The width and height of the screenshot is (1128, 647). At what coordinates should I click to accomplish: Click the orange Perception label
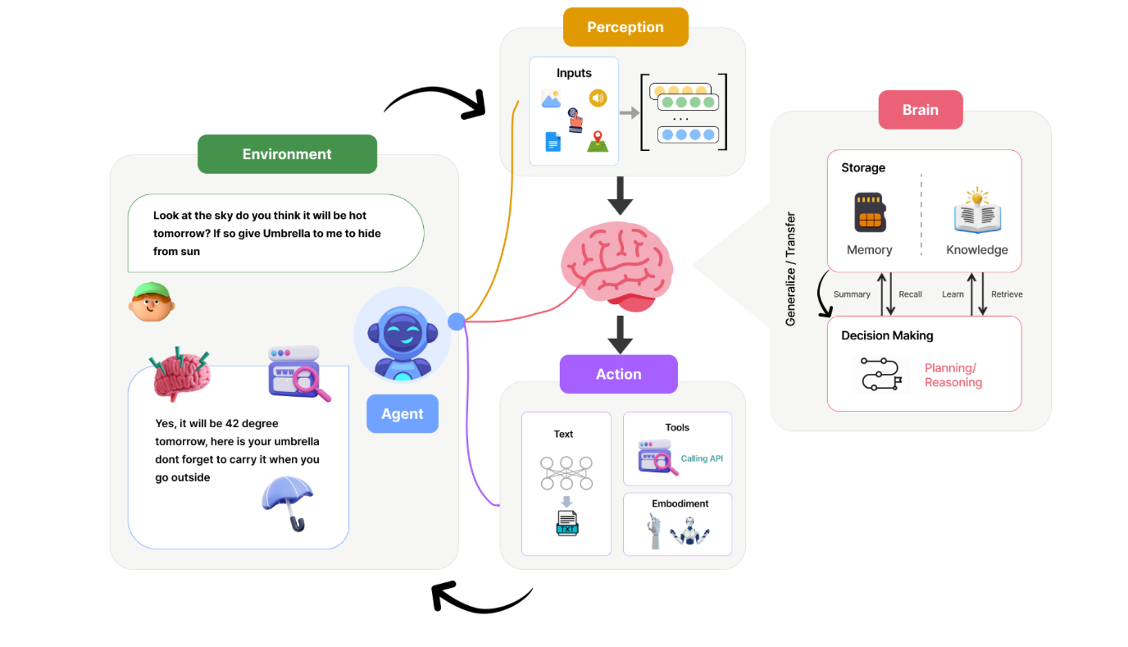coord(625,27)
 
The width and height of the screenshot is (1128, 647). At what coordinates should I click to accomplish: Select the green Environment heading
coord(287,154)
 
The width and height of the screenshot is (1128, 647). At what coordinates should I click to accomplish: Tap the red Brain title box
coord(920,110)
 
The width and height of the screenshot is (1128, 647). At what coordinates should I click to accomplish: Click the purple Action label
coord(618,374)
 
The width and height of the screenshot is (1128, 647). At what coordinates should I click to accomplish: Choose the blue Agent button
coord(402,414)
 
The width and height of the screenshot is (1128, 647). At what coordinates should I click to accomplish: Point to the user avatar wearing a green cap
coord(151,302)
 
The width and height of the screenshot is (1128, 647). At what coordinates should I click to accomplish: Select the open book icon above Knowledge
coord(977,212)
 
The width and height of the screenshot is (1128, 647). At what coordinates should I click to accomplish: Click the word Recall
coord(910,294)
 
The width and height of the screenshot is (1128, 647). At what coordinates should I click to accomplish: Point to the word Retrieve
coord(1007,294)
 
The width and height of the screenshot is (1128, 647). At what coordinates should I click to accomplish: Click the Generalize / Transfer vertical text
coord(791,270)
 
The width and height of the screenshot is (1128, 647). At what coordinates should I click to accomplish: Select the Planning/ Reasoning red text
coord(953,376)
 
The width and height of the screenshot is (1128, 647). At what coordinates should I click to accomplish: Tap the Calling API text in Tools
coord(702,458)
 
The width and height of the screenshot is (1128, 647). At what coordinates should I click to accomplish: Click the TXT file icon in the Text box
coord(566,523)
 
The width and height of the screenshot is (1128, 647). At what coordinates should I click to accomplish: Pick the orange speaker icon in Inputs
coord(598,98)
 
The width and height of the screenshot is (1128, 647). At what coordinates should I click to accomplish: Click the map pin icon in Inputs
coord(597,141)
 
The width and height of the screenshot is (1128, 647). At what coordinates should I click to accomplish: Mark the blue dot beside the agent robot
coord(457,321)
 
